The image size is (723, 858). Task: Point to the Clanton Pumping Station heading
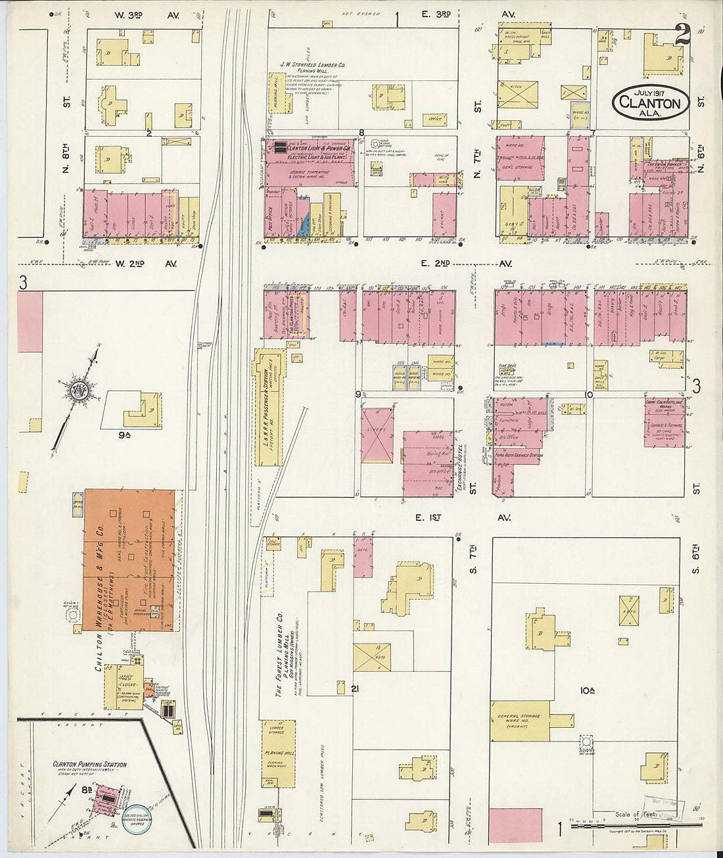89,765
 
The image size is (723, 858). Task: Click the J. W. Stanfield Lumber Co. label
314,65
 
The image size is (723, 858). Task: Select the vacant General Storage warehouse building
520,721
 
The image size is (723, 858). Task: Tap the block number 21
356,688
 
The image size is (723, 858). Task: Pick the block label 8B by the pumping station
86,790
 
